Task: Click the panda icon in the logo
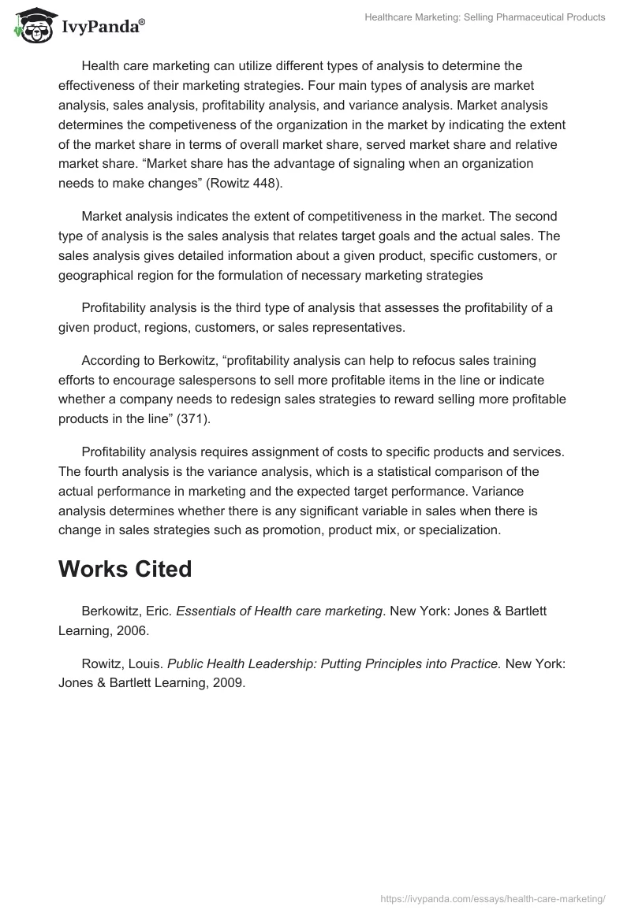[31, 26]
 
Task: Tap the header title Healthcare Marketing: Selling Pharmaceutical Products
[485, 17]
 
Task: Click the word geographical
[97, 275]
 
